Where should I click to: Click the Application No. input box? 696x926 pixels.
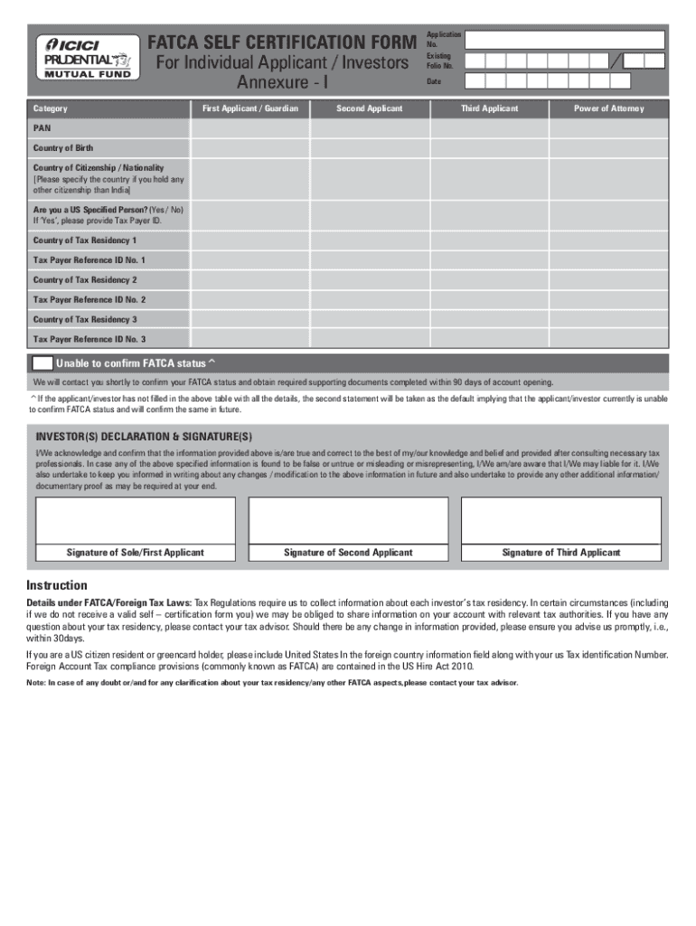tap(566, 40)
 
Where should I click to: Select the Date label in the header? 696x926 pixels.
tap(433, 81)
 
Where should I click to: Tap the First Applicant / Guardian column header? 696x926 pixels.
tap(249, 109)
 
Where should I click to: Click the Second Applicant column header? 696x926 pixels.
tap(369, 109)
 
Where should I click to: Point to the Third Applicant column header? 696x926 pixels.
tap(489, 109)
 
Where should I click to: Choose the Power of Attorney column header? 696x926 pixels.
tap(609, 109)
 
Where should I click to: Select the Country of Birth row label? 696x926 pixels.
tap(63, 147)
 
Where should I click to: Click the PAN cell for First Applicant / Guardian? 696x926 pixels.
tap(249, 128)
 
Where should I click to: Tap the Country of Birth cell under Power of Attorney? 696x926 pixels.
tap(609, 147)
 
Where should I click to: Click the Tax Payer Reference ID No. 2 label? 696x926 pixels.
tap(89, 299)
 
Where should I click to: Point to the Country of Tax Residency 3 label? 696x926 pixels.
tap(85, 319)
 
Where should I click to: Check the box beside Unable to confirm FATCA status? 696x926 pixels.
tap(42, 364)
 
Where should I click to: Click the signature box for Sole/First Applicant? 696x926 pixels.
tap(136, 520)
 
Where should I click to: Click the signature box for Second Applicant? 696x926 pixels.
tap(348, 520)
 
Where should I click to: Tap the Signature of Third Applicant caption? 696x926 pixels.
tap(561, 553)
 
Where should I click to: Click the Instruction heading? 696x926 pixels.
tap(57, 585)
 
